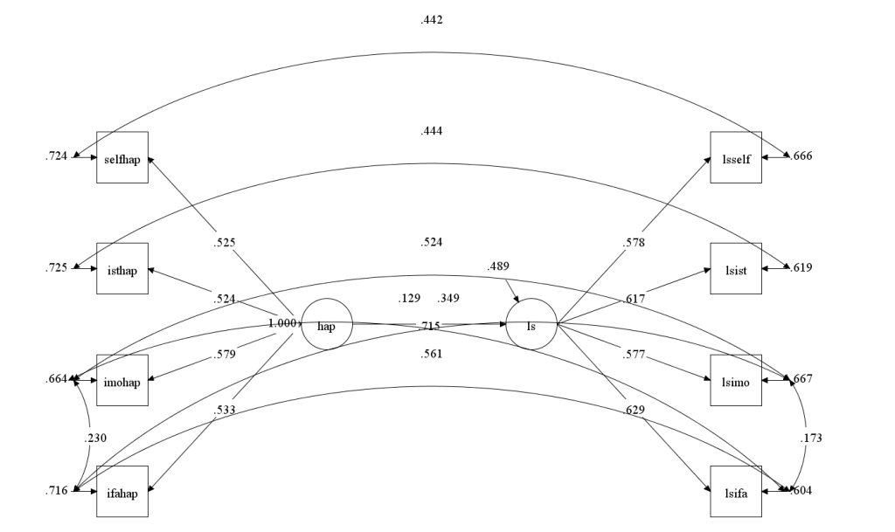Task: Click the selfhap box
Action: click(x=122, y=157)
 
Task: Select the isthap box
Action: click(x=122, y=268)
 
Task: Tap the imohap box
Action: click(x=122, y=380)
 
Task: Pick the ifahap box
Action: click(x=122, y=491)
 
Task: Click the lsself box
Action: click(x=736, y=157)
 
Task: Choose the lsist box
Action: click(x=736, y=268)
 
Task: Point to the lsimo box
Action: click(x=736, y=380)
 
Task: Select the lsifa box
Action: click(x=736, y=491)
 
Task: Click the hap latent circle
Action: click(x=327, y=325)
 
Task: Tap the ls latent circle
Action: click(x=531, y=325)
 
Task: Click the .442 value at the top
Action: click(x=432, y=19)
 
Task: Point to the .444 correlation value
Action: click(x=432, y=131)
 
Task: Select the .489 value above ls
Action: click(x=499, y=266)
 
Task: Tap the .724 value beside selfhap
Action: click(x=56, y=157)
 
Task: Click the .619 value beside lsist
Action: click(x=801, y=268)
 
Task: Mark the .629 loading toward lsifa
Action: click(x=635, y=411)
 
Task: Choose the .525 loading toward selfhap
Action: click(x=225, y=242)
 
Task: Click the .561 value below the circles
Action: click(x=432, y=354)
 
